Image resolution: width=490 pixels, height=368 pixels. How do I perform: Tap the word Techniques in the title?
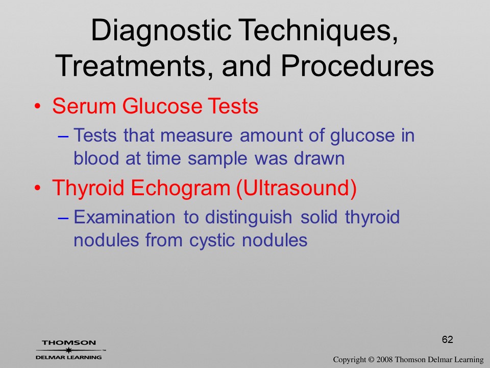tap(318, 31)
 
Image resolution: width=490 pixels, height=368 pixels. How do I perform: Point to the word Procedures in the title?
tap(357, 65)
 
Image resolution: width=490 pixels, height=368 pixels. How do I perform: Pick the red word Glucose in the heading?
tap(162, 106)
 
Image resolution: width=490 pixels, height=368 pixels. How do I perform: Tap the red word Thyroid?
tap(88, 189)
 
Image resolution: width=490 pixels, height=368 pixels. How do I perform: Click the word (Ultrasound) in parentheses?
tap(297, 189)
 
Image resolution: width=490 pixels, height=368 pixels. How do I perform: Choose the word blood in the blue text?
tap(96, 158)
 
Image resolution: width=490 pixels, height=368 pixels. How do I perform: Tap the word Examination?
tap(125, 217)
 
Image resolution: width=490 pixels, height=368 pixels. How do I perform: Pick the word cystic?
tap(212, 241)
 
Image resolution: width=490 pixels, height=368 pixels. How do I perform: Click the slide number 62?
tap(447, 339)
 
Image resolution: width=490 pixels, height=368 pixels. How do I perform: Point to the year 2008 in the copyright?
tap(384, 360)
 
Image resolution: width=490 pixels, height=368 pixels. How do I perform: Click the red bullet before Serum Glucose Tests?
tap(38, 107)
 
